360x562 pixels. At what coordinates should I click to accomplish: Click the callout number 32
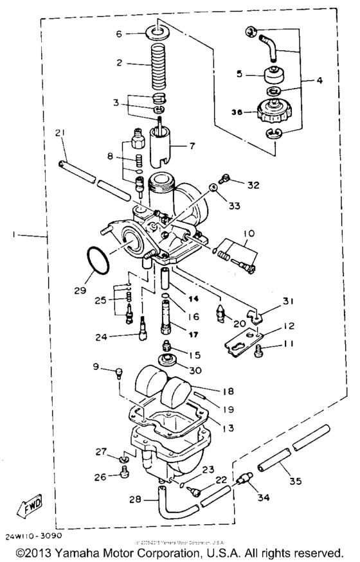253,185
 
